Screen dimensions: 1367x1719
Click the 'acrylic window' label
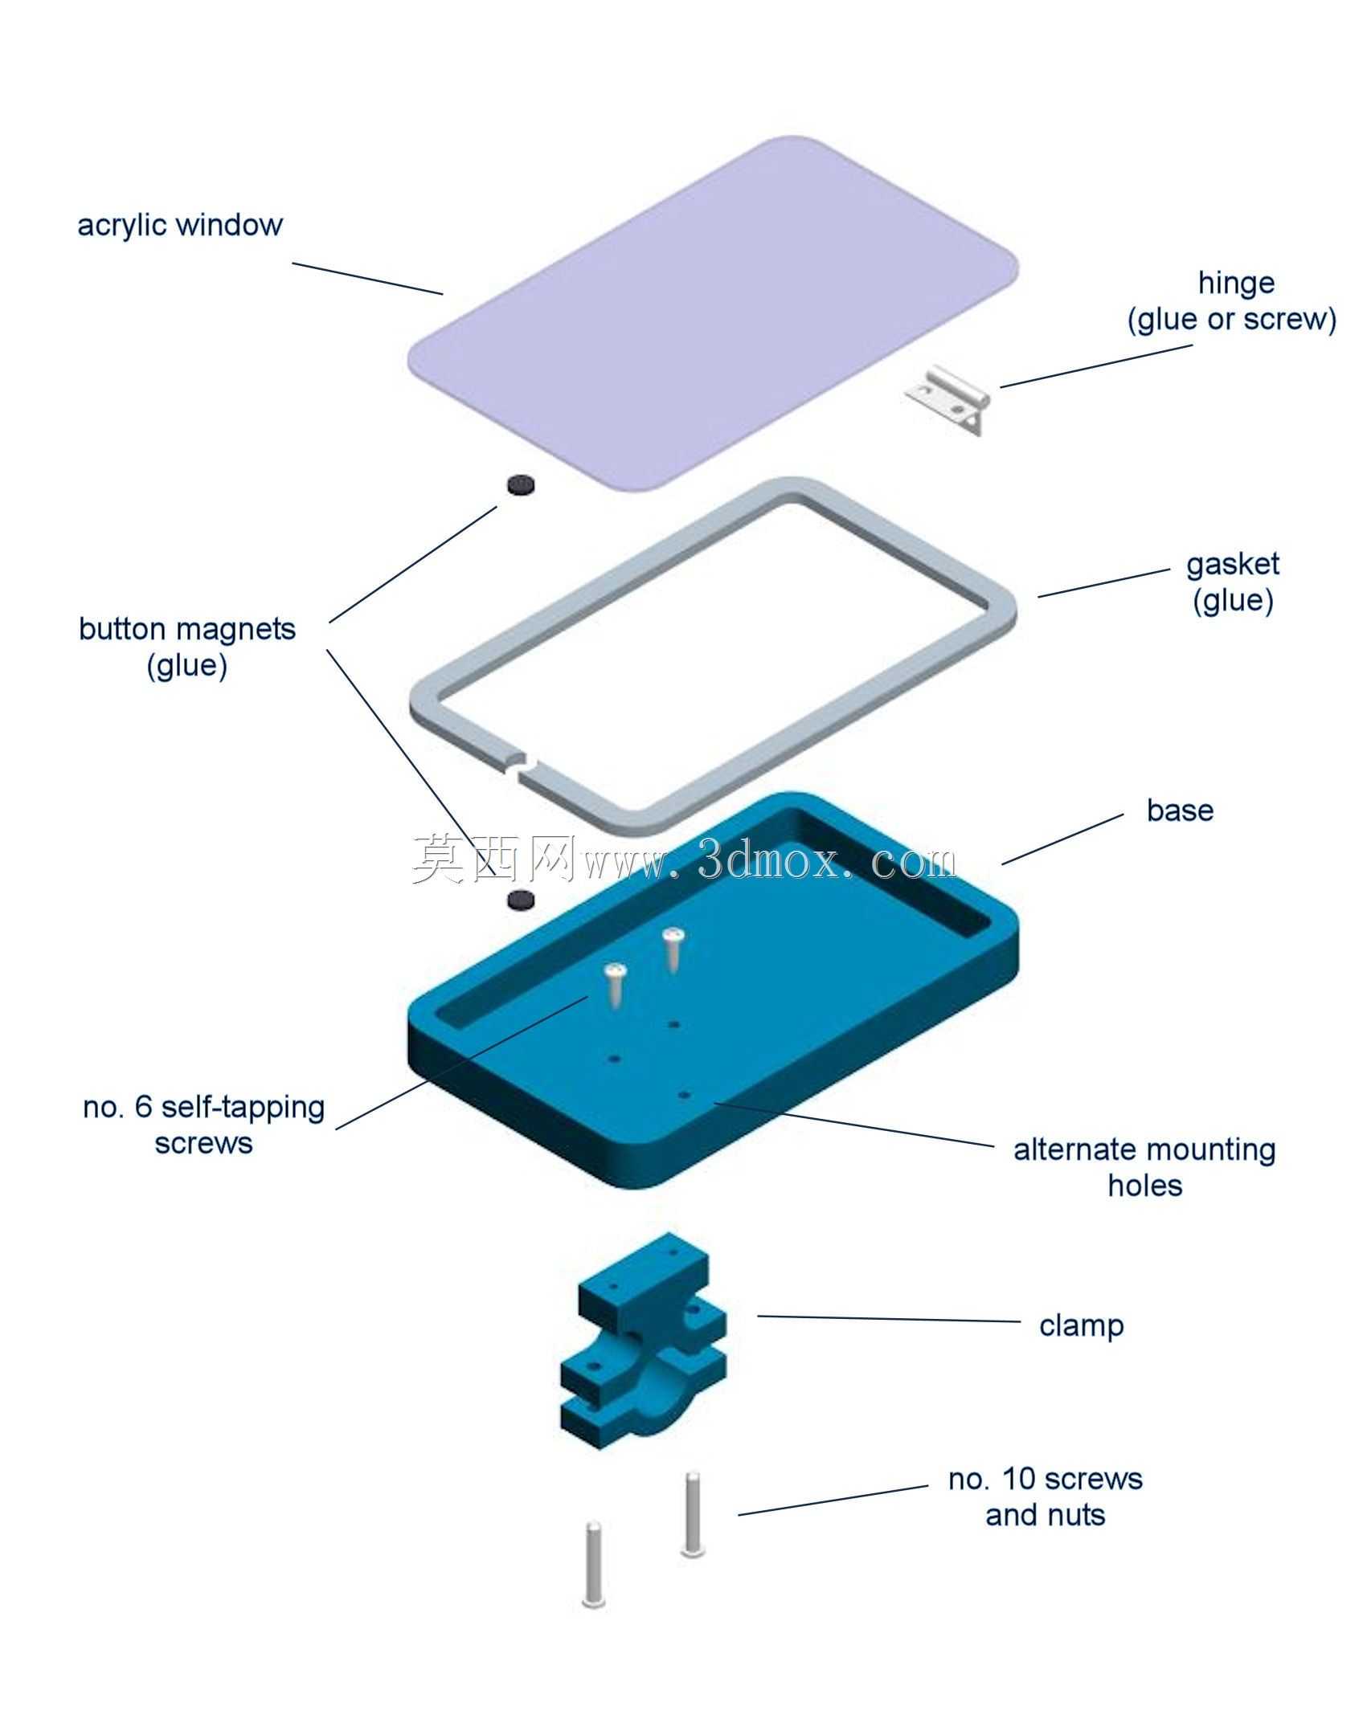point(180,225)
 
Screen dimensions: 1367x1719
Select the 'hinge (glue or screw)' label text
point(1232,301)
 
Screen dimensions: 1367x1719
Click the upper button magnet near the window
point(521,484)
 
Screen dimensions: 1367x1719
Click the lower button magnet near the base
point(521,900)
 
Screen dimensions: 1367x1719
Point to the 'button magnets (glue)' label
point(187,647)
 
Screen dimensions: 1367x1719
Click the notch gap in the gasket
point(524,765)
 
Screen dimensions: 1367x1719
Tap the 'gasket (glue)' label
point(1233,582)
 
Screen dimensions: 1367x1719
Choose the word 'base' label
point(1180,811)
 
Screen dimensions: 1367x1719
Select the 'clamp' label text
point(1081,1325)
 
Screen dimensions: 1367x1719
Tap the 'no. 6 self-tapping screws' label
point(204,1125)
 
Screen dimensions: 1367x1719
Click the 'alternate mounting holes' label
point(1144,1167)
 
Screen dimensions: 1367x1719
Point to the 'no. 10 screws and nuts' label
point(1046,1496)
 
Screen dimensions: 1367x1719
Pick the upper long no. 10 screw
point(693,1513)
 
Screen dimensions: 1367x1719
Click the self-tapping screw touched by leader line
point(616,985)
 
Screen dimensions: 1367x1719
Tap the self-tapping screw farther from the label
point(673,949)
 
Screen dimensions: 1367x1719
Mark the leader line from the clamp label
point(889,1318)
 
